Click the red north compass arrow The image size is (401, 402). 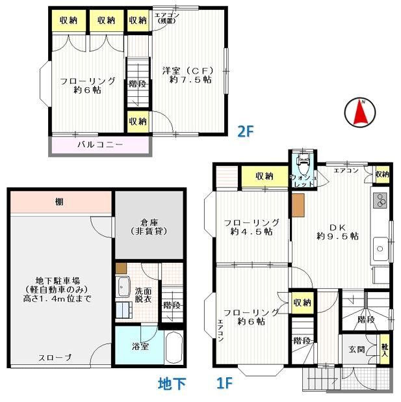(x=363, y=113)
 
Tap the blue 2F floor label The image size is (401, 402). (x=244, y=131)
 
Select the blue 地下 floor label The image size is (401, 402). (x=172, y=385)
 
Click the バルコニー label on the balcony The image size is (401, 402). (x=101, y=144)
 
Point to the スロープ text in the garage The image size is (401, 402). (x=55, y=358)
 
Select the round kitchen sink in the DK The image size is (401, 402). (x=380, y=248)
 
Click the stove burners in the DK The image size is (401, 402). (x=380, y=203)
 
